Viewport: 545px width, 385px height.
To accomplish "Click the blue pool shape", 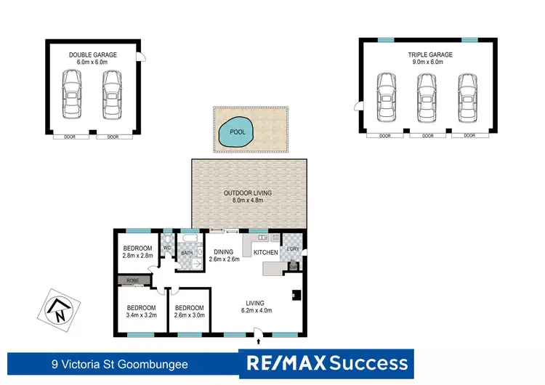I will pyautogui.click(x=233, y=131).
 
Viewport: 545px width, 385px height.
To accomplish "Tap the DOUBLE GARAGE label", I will pyautogui.click(x=92, y=54).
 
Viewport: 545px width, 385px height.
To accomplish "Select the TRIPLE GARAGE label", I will pyautogui.click(x=429, y=54).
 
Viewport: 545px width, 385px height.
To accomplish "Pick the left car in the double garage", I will pyautogui.click(x=71, y=95).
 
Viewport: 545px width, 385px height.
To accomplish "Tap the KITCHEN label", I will pyautogui.click(x=265, y=252).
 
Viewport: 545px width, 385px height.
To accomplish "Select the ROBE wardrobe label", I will pyautogui.click(x=132, y=279).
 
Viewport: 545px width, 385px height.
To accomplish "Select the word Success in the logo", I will pyautogui.click(x=368, y=362).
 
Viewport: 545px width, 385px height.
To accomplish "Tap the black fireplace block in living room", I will pyautogui.click(x=296, y=295).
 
